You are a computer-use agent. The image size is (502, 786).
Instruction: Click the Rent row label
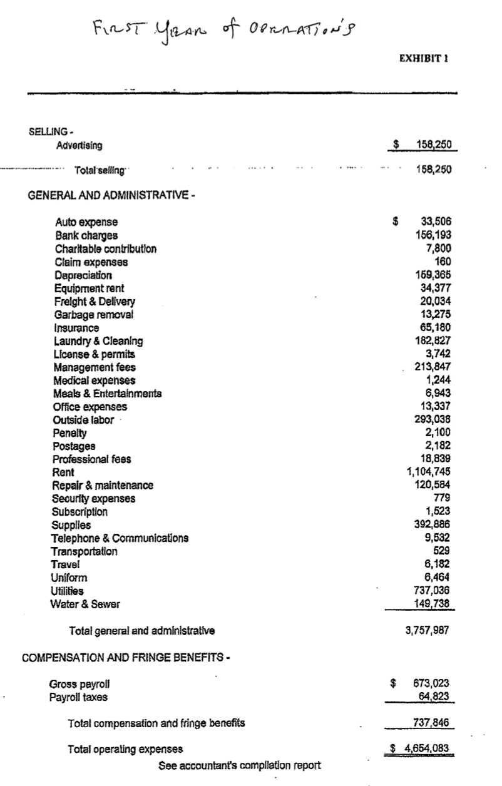[x=63, y=472]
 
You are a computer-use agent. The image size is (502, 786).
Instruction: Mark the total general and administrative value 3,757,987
[x=429, y=631]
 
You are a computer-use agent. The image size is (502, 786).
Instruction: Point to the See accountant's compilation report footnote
[x=239, y=765]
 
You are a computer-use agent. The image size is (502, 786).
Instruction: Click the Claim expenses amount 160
[x=443, y=262]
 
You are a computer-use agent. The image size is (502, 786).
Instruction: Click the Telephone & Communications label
[x=120, y=538]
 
